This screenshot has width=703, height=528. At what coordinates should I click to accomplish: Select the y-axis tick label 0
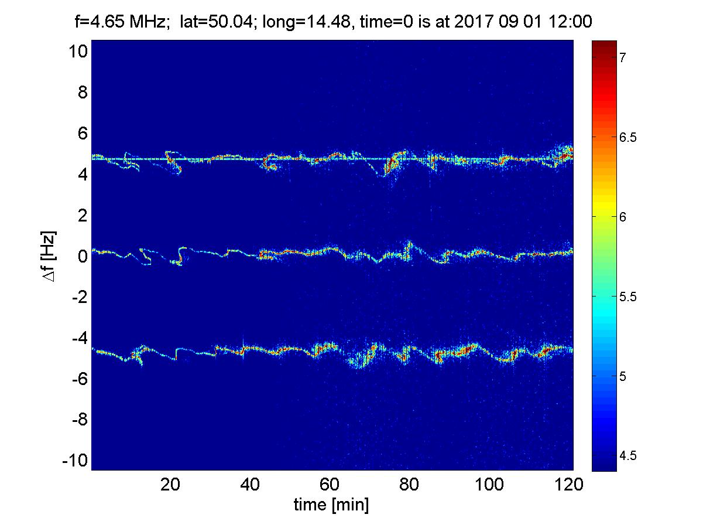click(x=82, y=257)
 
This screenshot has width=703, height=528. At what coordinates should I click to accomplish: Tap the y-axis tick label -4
click(x=78, y=338)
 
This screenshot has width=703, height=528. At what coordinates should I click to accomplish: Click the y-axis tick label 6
click(x=82, y=134)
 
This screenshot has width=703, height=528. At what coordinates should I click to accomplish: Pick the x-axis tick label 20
click(x=170, y=485)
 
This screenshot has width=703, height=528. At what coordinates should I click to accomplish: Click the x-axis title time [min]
click(x=331, y=505)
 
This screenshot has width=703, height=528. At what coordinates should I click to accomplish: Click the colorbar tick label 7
click(x=623, y=57)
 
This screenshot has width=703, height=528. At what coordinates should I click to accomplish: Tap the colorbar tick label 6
click(x=623, y=217)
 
